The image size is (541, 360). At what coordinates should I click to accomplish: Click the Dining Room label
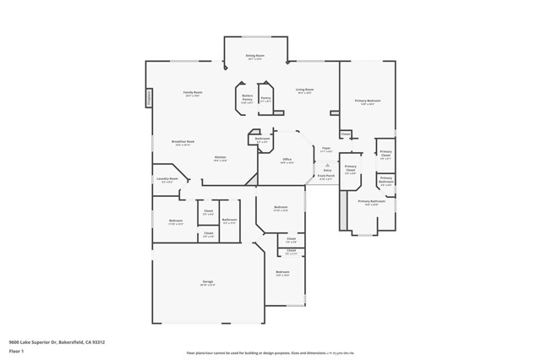pos(254,56)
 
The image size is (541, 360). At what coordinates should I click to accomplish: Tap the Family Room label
pos(193,93)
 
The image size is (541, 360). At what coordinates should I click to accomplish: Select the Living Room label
pos(304,90)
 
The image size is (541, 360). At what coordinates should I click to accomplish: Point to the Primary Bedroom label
pos(368,101)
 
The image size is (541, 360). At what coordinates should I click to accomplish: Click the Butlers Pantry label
pos(247,99)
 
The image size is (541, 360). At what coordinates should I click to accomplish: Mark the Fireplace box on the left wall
pos(150,98)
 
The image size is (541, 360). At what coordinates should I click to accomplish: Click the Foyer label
pos(326,149)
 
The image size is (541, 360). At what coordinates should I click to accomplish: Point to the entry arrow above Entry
pos(326,166)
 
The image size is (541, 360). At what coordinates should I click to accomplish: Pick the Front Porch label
pos(326,177)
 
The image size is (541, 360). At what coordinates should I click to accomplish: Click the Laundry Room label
pos(167,179)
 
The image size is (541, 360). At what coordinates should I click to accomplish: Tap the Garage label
pos(207,282)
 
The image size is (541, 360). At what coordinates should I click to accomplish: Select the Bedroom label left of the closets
pos(176,221)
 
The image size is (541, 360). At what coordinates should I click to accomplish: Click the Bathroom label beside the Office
pos(262,139)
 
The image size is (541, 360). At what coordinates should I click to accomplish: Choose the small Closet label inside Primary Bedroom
pos(346,134)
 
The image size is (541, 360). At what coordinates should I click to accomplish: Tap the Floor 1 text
pos(16,352)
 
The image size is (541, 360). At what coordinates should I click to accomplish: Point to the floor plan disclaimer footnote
pos(270,352)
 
